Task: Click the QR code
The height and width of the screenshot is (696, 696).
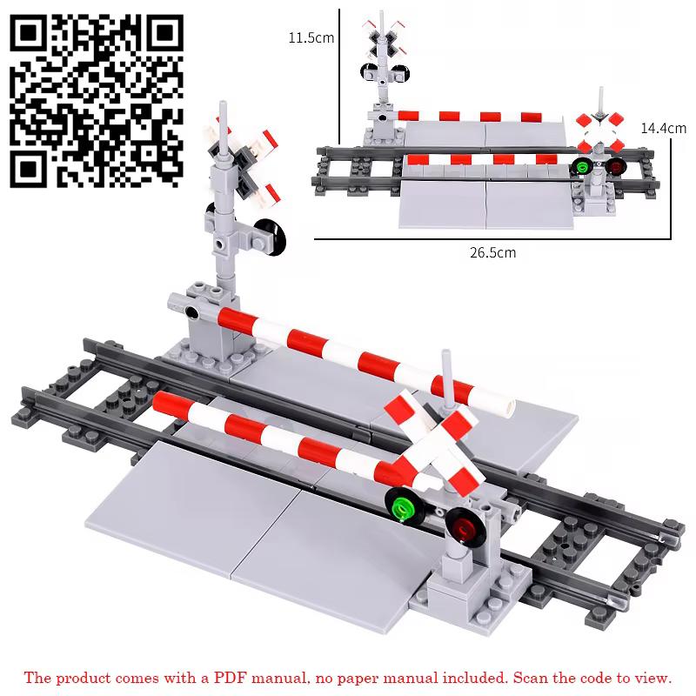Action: (97, 101)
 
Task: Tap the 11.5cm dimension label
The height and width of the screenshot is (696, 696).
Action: (311, 37)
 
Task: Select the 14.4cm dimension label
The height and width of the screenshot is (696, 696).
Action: (663, 128)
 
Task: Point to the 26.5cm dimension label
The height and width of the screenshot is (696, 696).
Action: (492, 252)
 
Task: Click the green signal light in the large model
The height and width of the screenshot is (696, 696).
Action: (403, 505)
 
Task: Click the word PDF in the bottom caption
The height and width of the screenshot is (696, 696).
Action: (229, 678)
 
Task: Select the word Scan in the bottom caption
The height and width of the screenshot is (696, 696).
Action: (530, 678)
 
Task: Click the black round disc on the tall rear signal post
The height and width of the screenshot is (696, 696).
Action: (271, 237)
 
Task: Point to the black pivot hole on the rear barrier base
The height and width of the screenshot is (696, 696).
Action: (191, 312)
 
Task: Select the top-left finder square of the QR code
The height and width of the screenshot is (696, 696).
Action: (29, 33)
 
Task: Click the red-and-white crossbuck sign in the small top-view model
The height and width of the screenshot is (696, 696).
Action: (600, 131)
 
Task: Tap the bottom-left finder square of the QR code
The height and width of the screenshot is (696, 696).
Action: (29, 169)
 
